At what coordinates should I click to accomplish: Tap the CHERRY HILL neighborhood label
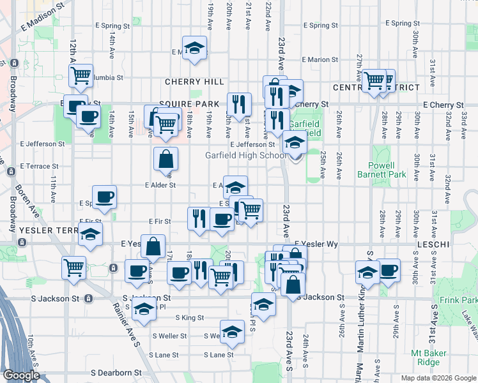(x=194, y=82)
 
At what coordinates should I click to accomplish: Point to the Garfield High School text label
(x=245, y=155)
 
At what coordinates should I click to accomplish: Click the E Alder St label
(x=160, y=185)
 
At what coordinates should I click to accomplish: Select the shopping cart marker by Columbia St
(x=81, y=75)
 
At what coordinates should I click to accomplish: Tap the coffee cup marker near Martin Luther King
(x=388, y=270)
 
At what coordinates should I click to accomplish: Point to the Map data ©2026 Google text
(x=438, y=378)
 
